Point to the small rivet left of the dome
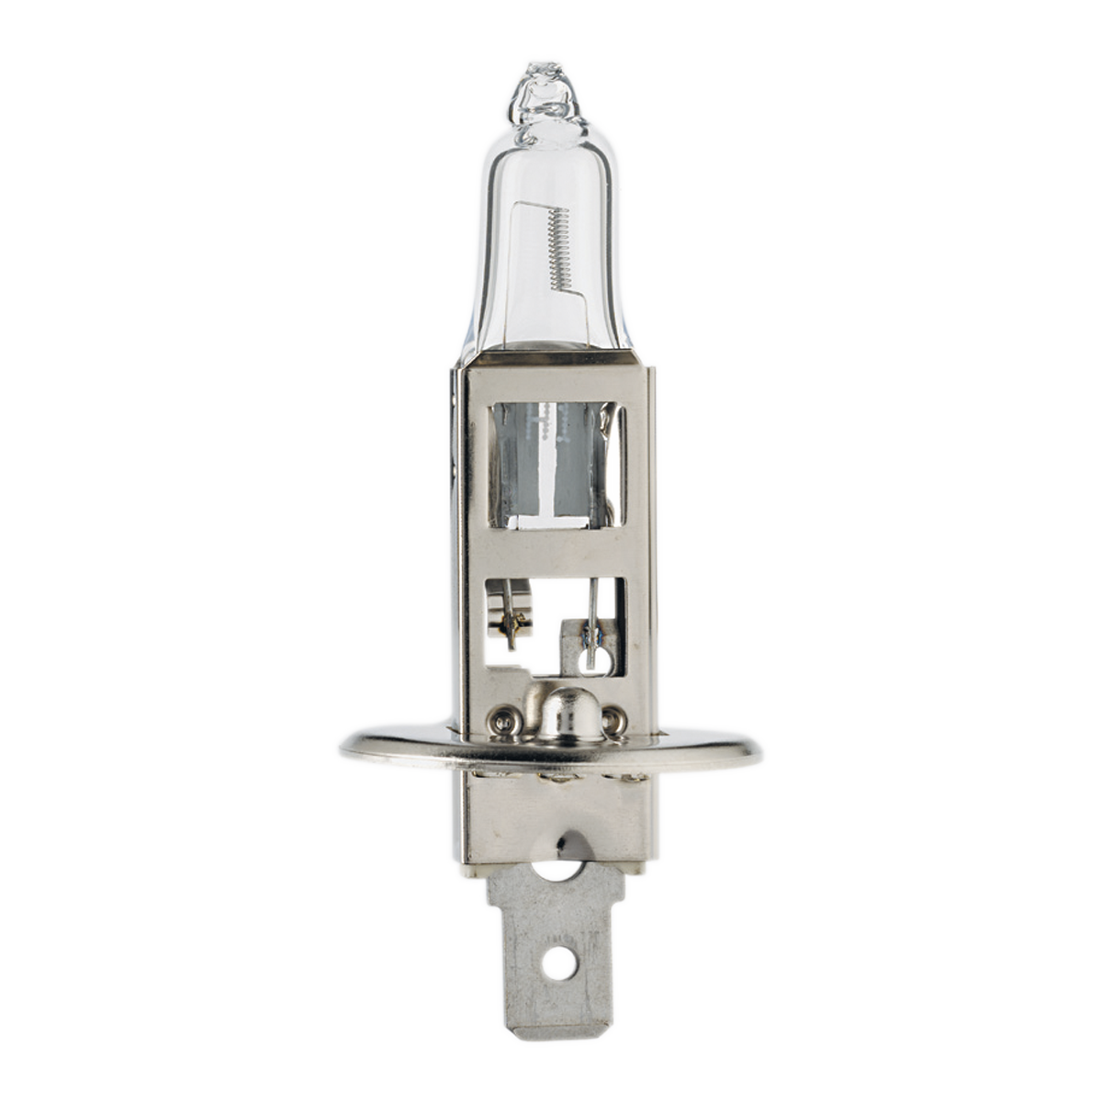[502, 721]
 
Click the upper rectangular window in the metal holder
[557, 467]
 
